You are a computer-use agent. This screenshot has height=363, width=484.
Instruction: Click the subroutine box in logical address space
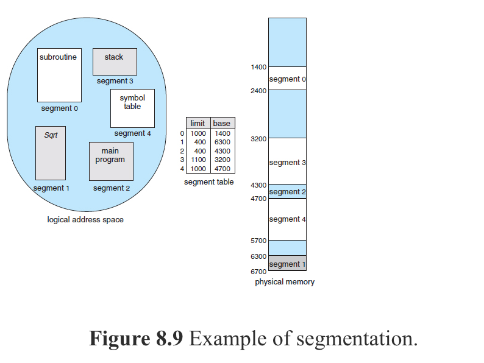[59, 75]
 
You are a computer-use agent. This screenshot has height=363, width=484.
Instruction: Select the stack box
[115, 62]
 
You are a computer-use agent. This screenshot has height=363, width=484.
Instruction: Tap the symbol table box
[132, 108]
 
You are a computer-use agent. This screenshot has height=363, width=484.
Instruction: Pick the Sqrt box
[51, 153]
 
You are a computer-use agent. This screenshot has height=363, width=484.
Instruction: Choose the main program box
[110, 161]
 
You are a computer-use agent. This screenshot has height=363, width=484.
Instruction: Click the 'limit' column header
[198, 124]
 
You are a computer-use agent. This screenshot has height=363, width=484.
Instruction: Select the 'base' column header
[222, 124]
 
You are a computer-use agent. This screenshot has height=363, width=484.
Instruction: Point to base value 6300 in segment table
[222, 142]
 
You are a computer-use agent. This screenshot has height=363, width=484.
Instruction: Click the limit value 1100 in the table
[198, 160]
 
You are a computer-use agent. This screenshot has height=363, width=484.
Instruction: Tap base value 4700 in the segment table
[222, 169]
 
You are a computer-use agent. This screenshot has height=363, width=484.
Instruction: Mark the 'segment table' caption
[208, 182]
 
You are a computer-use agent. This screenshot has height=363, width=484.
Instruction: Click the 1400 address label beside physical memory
[258, 67]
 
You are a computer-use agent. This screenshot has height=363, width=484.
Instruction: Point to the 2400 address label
[258, 91]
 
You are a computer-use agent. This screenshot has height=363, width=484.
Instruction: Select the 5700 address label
[258, 241]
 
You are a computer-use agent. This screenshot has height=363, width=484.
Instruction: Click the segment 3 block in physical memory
[287, 162]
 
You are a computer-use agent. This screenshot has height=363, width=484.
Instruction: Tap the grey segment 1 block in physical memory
[287, 264]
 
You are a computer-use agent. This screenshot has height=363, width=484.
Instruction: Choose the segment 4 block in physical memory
[287, 219]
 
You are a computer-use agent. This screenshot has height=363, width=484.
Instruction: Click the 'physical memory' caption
[285, 282]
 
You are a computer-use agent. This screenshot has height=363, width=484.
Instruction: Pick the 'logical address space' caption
[85, 220]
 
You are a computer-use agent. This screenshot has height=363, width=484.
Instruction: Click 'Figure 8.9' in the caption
[136, 338]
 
